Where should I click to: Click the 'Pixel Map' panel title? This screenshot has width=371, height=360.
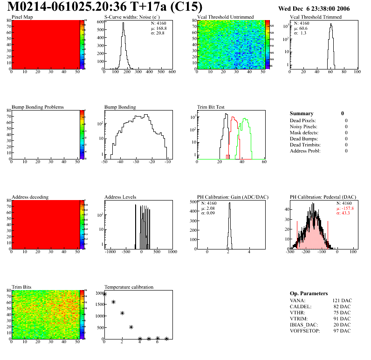coord(22,17)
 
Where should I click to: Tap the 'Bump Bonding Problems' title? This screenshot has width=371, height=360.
coord(38,107)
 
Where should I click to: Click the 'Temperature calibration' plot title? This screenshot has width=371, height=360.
coord(129,287)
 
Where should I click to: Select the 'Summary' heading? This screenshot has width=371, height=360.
coord(302,113)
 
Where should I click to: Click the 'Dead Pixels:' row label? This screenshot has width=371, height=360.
coord(303,120)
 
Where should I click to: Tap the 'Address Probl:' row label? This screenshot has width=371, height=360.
coord(305,151)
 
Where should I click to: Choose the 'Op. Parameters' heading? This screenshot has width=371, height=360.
coord(309,293)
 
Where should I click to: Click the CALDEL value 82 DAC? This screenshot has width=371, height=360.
coord(341,306)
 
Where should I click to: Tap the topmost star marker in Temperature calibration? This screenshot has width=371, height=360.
coord(104,294)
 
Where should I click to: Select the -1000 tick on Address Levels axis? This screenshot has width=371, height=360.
coord(110,252)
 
